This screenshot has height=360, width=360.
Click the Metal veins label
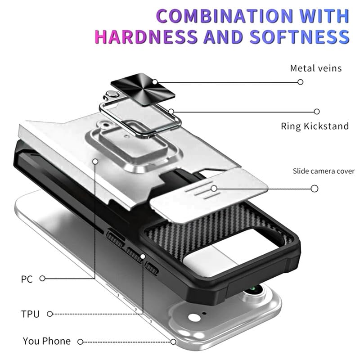pyautogui.click(x=316, y=68)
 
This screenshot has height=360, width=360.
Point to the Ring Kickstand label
pyautogui.click(x=315, y=126)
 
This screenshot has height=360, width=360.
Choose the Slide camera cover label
pyautogui.click(x=324, y=171)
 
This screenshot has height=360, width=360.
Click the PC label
pyautogui.click(x=27, y=279)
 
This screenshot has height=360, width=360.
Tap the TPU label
pyautogui.click(x=30, y=314)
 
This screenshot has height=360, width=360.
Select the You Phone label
pyautogui.click(x=47, y=341)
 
